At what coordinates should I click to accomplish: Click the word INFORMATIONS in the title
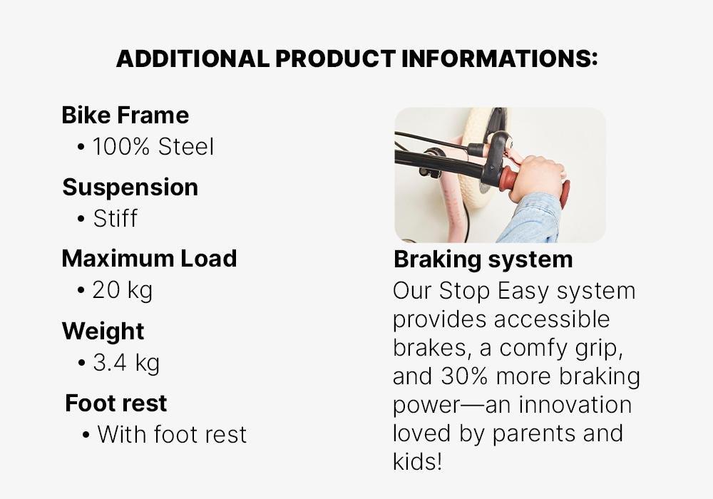point(499,58)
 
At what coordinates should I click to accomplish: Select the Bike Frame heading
point(125,115)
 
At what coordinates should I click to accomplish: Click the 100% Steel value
point(153,147)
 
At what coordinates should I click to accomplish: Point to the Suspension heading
point(130,187)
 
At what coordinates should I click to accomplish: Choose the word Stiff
point(115,219)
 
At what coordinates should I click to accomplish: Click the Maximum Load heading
point(149,259)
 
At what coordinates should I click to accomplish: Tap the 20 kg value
point(123,290)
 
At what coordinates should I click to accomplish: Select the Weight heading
point(103,331)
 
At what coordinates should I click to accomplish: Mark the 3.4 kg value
point(126,363)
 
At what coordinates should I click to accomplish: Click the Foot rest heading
point(116,403)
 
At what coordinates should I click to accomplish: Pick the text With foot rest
point(172,434)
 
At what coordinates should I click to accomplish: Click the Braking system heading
point(483,259)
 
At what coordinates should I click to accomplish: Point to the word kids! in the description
point(417,462)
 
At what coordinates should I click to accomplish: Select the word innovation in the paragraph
point(575,405)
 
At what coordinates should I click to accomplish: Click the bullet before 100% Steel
point(81,148)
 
